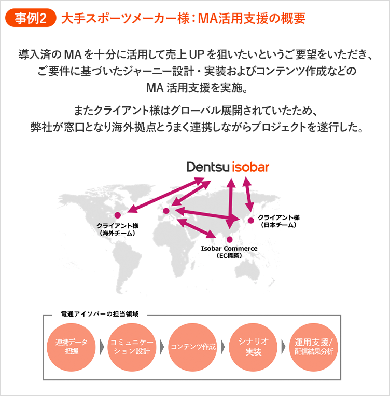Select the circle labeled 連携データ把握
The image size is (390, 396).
coord(72,347)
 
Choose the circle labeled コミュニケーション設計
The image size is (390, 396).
coord(131,347)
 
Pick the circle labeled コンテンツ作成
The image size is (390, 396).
coord(193,347)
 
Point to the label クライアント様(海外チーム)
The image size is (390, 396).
coord(118,230)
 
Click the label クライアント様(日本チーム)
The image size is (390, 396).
coord(278,221)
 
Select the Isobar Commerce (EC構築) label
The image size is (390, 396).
coord(229,252)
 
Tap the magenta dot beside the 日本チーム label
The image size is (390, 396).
coord(251,221)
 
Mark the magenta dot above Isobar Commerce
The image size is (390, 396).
coord(230,239)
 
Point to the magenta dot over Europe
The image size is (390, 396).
coord(166,211)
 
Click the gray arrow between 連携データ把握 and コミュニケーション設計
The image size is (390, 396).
coord(102,347)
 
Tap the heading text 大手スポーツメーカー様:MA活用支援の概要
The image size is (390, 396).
coord(183,19)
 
